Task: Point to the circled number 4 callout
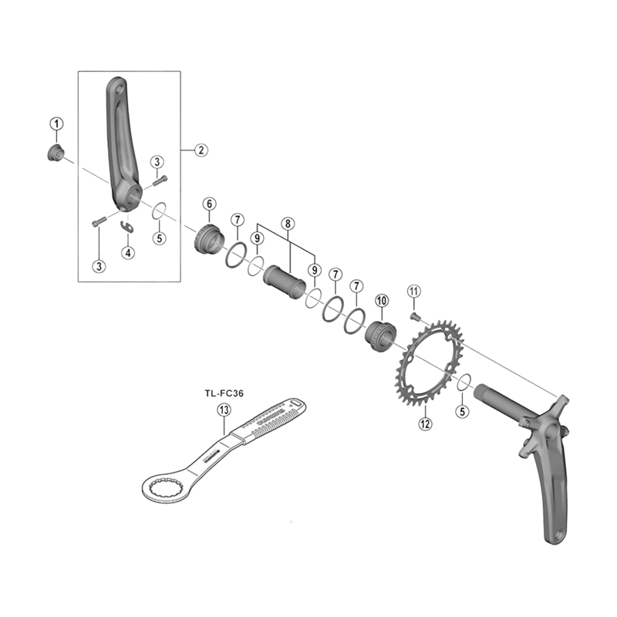[x=128, y=252]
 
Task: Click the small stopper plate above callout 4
[x=127, y=226]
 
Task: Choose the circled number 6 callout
[x=209, y=204]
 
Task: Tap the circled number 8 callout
[x=288, y=224]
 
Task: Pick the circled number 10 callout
[x=381, y=299]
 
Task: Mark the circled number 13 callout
[x=224, y=410]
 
